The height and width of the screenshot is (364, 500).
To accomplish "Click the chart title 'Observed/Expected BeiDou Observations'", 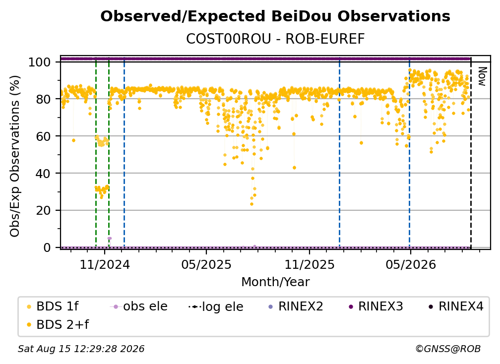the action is click(275, 16).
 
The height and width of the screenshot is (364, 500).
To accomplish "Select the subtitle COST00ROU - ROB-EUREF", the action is click(275, 39).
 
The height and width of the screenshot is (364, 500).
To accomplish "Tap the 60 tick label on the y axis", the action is click(43, 136).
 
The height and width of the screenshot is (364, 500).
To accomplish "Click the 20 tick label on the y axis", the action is click(43, 211).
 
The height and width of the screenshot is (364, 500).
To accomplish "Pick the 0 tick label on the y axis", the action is click(47, 247).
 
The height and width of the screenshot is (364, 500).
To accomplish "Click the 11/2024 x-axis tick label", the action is click(105, 264).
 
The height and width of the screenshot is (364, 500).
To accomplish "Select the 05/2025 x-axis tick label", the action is click(206, 264).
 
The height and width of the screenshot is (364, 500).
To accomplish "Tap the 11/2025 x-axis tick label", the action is click(310, 264).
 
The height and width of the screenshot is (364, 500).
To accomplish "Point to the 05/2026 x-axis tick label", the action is click(411, 264).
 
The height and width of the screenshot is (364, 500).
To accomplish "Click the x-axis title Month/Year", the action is click(275, 282).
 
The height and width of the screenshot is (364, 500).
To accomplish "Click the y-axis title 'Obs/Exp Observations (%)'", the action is click(15, 156).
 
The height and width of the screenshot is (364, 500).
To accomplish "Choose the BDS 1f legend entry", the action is click(53, 306).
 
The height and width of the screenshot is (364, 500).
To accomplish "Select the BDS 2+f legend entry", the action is click(58, 325).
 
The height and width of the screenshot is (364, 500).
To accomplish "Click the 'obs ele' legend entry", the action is click(138, 306).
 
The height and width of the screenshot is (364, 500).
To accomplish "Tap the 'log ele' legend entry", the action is click(216, 307).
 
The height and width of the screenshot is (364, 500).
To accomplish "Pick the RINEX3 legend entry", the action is click(376, 306).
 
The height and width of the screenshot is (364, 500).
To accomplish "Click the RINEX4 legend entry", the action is click(456, 306).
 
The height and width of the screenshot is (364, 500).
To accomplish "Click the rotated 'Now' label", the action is click(482, 76).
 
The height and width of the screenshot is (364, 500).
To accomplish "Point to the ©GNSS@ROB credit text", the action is click(448, 349).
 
